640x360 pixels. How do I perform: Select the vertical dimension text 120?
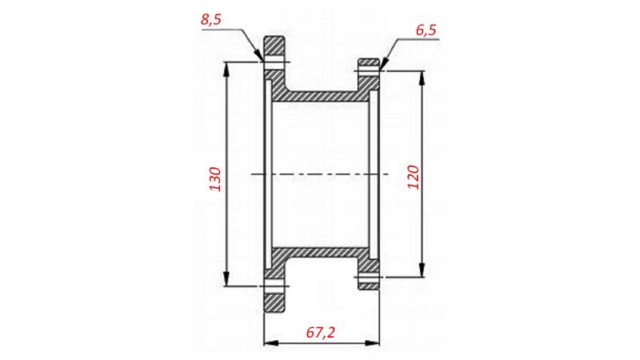pyautogui.click(x=413, y=177)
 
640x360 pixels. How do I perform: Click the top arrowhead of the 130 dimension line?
pyautogui.click(x=227, y=66)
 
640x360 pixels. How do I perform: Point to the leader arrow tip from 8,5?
pyautogui.click(x=262, y=60)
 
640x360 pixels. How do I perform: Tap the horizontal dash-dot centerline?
pyautogui.click(x=320, y=173)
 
